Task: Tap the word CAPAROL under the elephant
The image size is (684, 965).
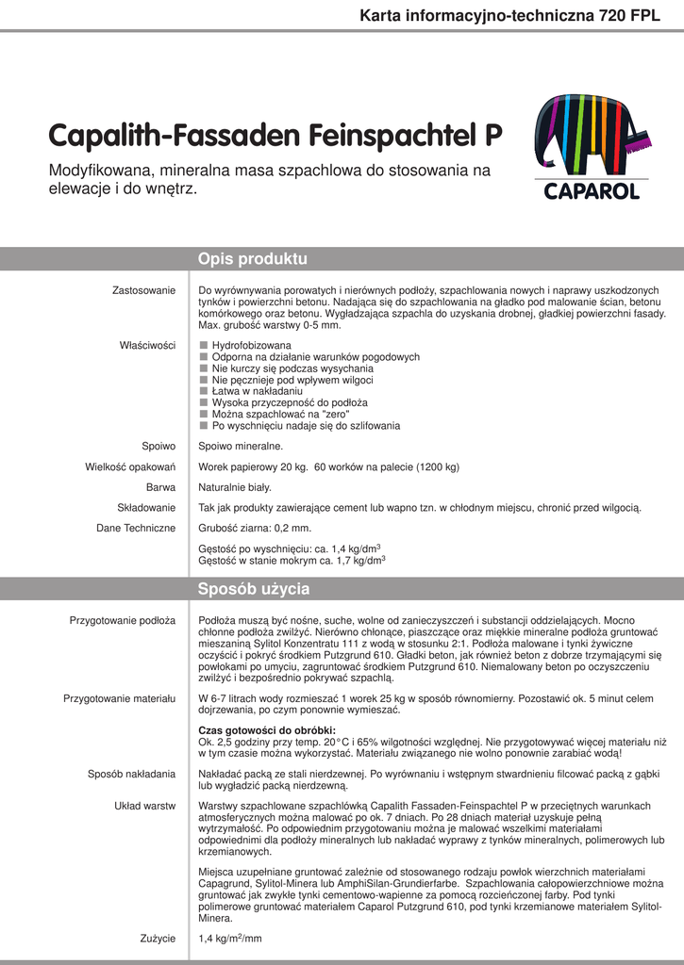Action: click(592, 191)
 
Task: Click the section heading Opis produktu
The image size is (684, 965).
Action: click(252, 259)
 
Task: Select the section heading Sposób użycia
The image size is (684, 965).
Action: click(253, 590)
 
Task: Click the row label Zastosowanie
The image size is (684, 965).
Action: click(143, 289)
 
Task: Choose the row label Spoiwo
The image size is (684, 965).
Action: click(158, 446)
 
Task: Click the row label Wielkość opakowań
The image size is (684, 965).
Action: click(130, 466)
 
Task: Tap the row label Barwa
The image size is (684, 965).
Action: click(160, 487)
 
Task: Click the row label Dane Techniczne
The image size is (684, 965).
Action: click(136, 529)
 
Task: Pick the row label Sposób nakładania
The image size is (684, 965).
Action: click(131, 774)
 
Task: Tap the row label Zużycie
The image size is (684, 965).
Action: click(157, 938)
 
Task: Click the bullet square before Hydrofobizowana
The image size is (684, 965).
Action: click(203, 346)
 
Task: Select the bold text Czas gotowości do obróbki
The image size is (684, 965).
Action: click(267, 730)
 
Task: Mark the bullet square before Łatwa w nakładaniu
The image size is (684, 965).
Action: click(203, 391)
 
